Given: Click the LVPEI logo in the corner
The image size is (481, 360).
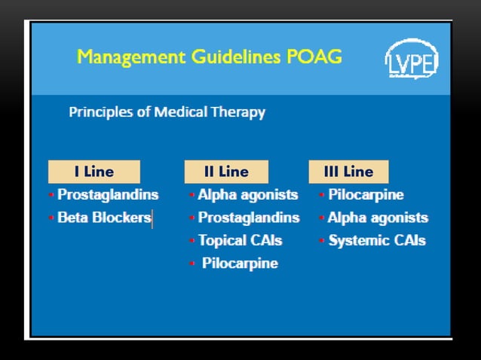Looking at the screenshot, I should [412, 59].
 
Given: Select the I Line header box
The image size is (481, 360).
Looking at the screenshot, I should [93, 172].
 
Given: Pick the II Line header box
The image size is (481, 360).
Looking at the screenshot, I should [226, 172].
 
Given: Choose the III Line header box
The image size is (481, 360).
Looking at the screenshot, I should [348, 172].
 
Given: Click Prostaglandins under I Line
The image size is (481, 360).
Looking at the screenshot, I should [108, 194].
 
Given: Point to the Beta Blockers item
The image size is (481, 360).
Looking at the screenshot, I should [104, 218].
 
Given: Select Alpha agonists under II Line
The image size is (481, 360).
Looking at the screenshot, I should [247, 194].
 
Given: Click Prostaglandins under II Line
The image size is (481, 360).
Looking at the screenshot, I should [248, 218].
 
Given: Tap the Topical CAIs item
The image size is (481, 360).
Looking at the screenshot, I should [240, 240].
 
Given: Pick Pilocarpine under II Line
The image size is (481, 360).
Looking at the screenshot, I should [240, 264].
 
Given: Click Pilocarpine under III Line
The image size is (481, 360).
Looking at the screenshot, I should [366, 194].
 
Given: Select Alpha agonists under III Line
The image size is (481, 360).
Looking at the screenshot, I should [377, 218].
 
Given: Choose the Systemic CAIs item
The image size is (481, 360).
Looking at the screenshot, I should [376, 240].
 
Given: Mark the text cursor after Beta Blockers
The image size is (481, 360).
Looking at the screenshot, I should [152, 218].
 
